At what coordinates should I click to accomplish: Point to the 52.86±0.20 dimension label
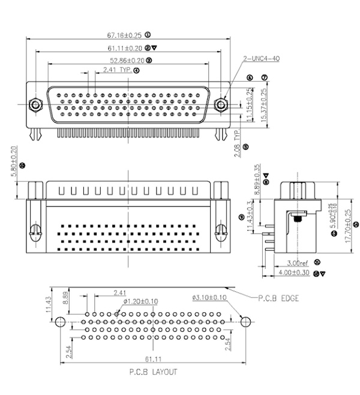coord(127,60)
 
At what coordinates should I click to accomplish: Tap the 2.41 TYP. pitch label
coord(116,70)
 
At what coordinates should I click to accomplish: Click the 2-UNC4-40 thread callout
coord(262,58)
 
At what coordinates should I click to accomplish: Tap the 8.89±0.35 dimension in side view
coord(257,179)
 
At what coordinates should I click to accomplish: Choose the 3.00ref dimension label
coord(298,263)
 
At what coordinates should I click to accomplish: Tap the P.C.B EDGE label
coord(278,297)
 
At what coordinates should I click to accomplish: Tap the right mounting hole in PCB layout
coord(244,322)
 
